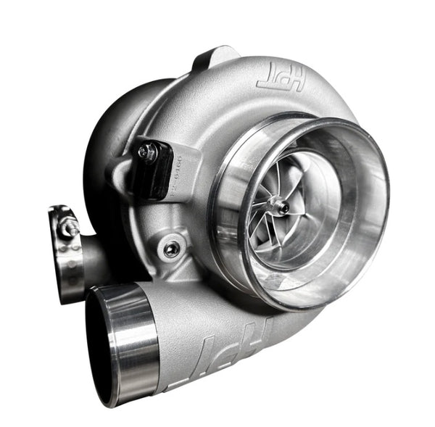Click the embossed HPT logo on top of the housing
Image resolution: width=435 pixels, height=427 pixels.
[279, 79]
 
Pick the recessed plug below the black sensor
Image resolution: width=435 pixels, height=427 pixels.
[170, 249]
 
